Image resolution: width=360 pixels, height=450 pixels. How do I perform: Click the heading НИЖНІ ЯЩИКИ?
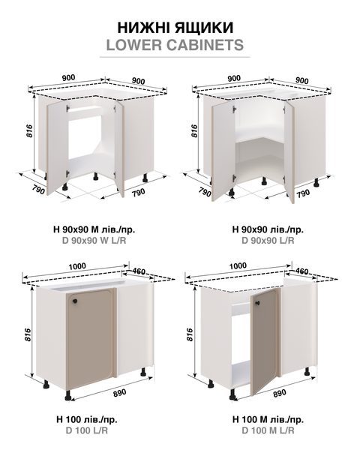pyautogui.click(x=175, y=28)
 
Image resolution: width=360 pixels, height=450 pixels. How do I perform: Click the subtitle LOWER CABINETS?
pyautogui.click(x=175, y=45)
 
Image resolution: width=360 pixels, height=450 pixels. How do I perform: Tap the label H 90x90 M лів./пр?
pyautogui.click(x=94, y=229)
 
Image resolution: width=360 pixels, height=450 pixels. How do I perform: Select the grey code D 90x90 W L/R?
pyautogui.click(x=94, y=240)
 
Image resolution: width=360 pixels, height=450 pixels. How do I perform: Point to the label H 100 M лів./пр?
pyautogui.click(x=268, y=419)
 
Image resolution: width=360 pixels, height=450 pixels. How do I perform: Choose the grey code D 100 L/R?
pyautogui.click(x=87, y=430)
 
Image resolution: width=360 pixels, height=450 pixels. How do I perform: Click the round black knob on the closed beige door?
pyautogui.click(x=75, y=301)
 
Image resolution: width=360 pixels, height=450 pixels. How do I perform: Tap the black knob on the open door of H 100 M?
pyautogui.click(x=257, y=302)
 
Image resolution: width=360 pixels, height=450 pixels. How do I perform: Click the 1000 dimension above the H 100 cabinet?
pyautogui.click(x=77, y=266)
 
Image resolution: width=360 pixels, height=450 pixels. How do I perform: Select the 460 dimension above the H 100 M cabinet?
pyautogui.click(x=301, y=271)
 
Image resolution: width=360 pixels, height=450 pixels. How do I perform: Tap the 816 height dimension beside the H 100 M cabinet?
pyautogui.click(x=190, y=334)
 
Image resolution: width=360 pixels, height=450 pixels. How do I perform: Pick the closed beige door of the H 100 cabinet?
pyautogui.click(x=90, y=339)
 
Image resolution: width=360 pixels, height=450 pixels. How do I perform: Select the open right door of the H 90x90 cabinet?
pyautogui.click(x=289, y=151)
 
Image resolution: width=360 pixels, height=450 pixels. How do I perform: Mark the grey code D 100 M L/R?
pyautogui.click(x=268, y=430)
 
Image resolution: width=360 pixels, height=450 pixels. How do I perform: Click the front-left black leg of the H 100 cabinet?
pyautogui.click(x=67, y=395)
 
